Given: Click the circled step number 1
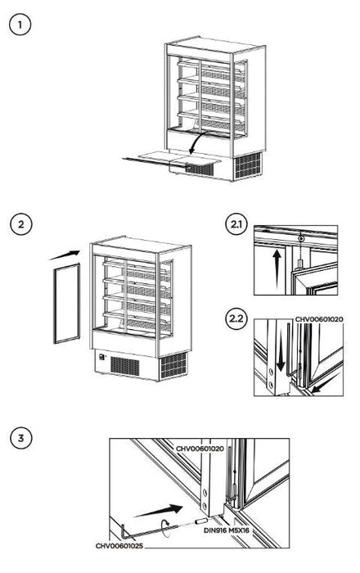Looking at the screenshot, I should (x=20, y=25).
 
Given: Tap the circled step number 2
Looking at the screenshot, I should (x=20, y=222).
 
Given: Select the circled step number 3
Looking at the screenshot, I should (x=20, y=437).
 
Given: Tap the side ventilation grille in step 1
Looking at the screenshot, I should (x=246, y=165).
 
